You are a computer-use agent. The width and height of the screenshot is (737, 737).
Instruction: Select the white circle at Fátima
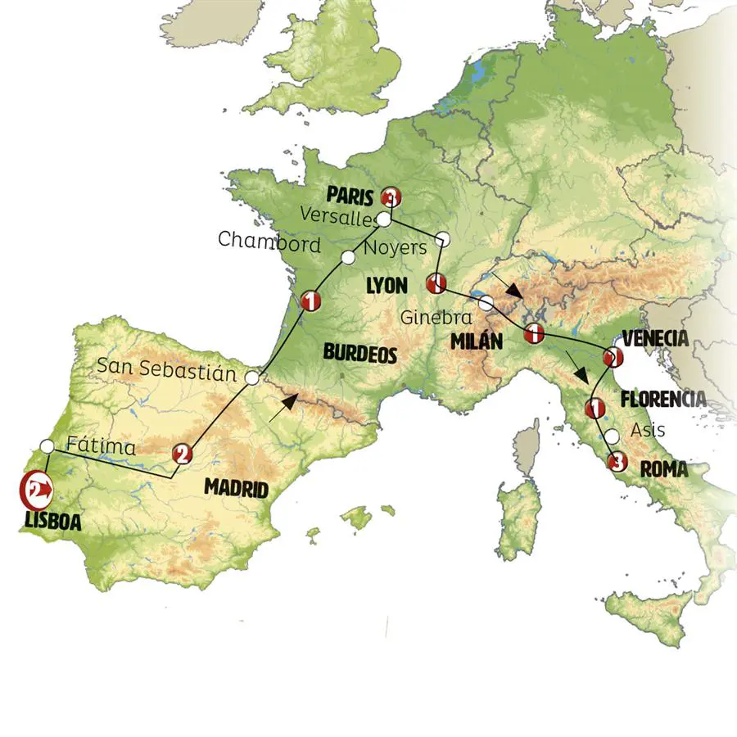click(x=47, y=446)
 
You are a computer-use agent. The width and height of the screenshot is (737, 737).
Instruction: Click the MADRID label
click(x=236, y=490)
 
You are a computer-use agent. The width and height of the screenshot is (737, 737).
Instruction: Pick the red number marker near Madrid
click(x=183, y=453)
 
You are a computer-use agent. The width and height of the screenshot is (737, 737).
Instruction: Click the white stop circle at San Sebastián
click(x=252, y=378)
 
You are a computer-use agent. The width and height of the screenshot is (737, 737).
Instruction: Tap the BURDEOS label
click(x=360, y=354)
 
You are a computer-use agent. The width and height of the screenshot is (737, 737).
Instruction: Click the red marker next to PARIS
click(x=393, y=197)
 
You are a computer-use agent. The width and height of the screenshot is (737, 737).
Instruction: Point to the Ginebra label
click(x=435, y=316)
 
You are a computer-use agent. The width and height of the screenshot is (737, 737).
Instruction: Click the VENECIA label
click(x=655, y=337)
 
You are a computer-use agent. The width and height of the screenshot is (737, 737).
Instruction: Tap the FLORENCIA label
click(x=663, y=399)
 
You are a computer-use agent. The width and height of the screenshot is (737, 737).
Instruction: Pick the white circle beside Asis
click(x=611, y=436)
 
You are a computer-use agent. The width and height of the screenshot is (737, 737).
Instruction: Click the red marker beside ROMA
click(x=617, y=463)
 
